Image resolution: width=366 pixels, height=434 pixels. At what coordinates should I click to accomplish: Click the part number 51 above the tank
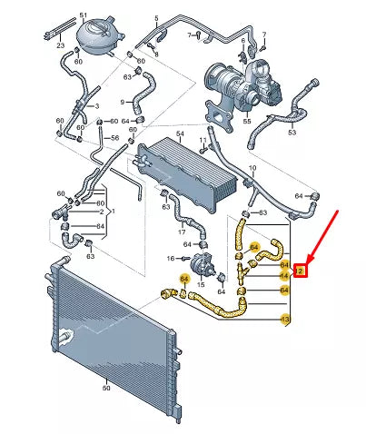pos(84,16)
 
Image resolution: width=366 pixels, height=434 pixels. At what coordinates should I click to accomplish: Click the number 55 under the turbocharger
pos(245,120)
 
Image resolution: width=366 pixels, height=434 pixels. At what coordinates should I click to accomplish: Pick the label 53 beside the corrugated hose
pos(292,133)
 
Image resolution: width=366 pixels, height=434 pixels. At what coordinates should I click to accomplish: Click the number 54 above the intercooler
pos(180,134)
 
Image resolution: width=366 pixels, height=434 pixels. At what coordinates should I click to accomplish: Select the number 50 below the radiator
pos(106,388)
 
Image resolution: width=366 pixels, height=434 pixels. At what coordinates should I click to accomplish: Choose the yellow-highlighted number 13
pos(285,321)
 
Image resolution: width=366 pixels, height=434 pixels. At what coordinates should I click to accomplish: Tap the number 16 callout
pos(170,259)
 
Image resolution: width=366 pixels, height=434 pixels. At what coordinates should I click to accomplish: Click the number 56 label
pos(115,139)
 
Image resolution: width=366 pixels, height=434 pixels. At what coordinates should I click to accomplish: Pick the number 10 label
pos(252,169)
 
